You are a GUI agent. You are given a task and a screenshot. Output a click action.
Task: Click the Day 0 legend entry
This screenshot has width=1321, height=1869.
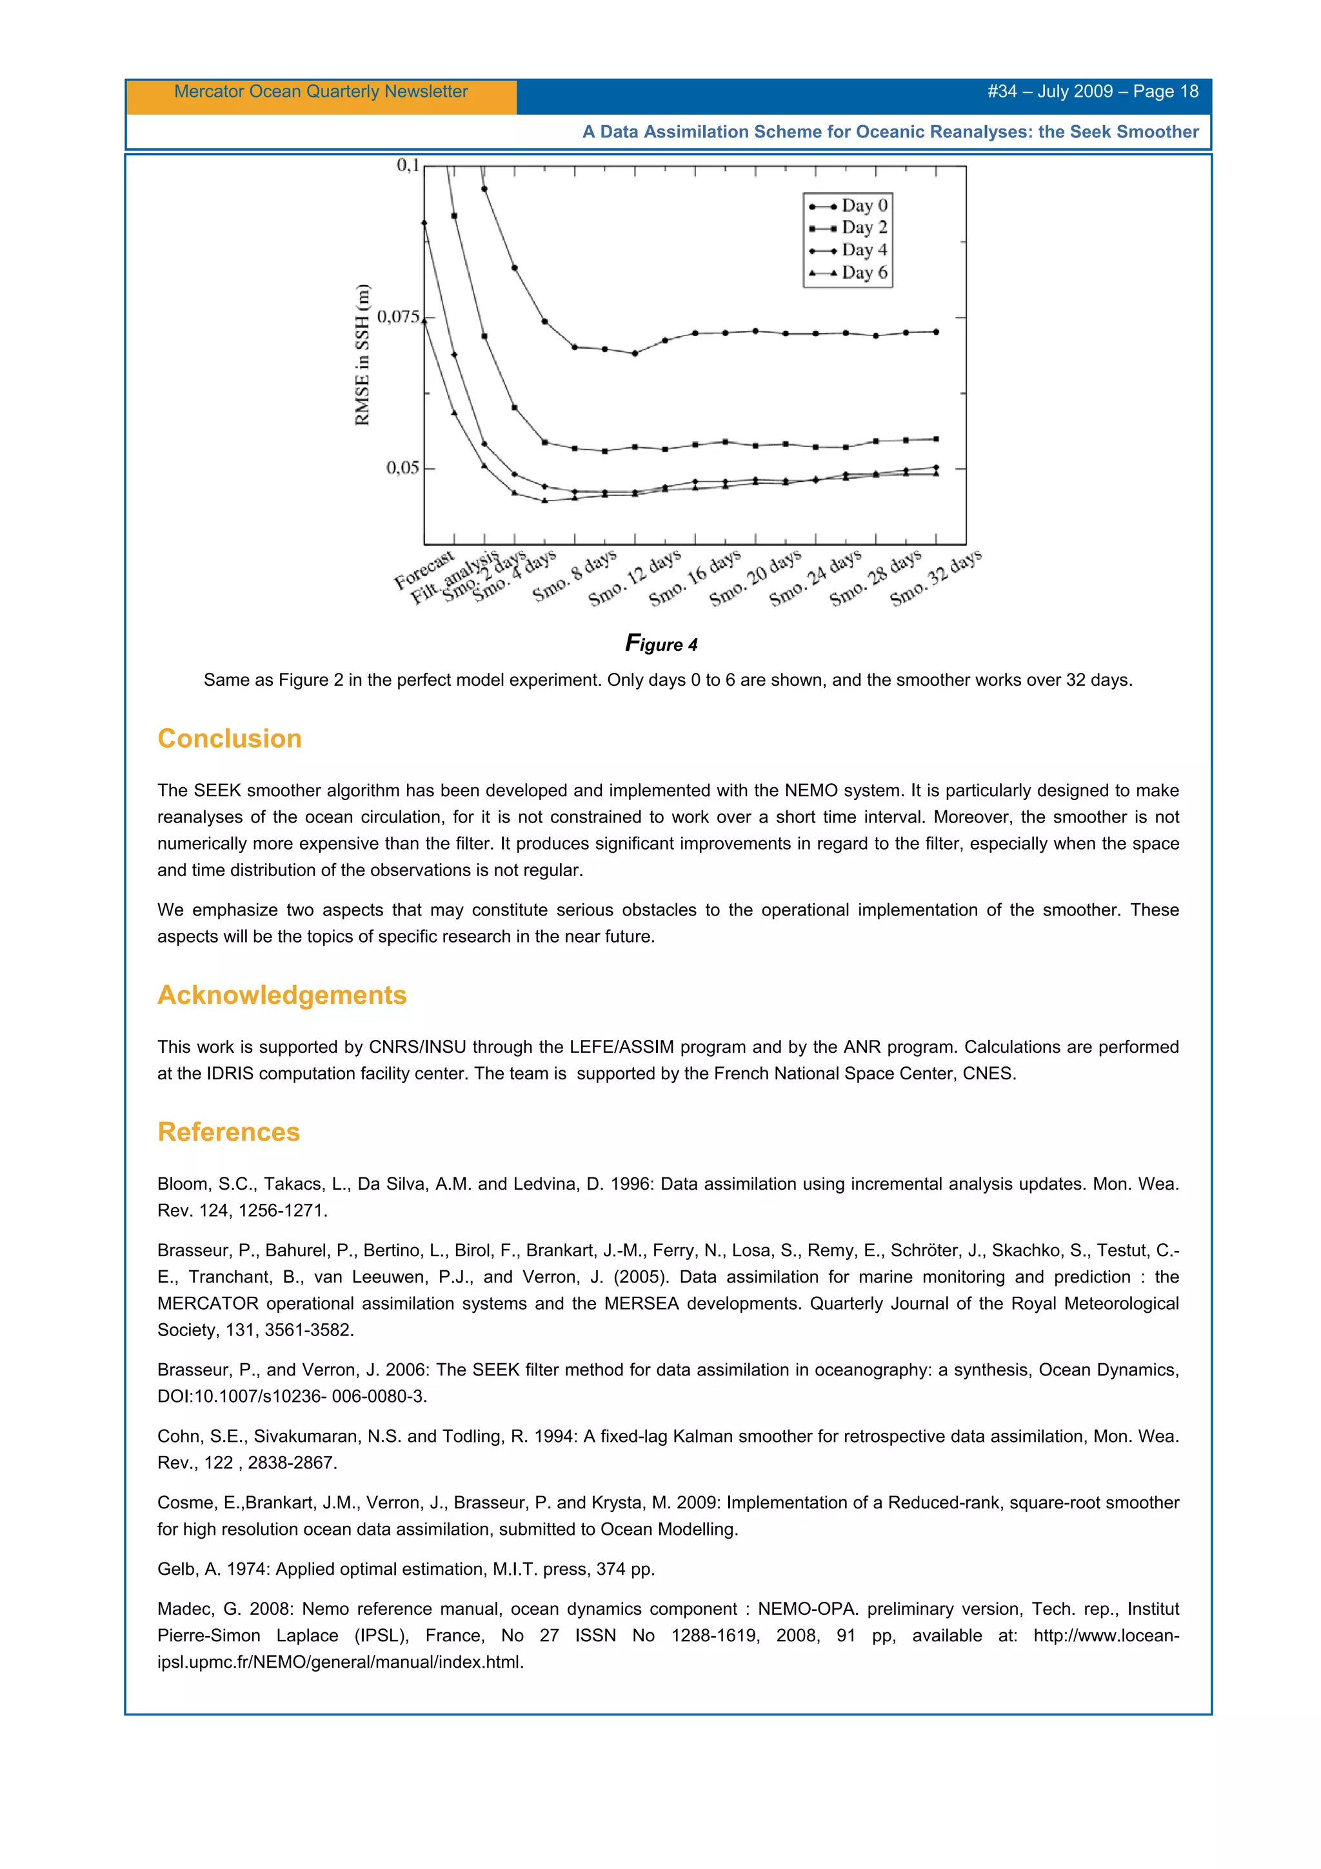(848, 205)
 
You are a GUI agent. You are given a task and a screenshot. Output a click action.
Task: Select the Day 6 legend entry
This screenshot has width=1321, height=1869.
(848, 273)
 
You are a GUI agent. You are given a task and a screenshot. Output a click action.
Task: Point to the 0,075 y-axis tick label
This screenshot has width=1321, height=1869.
(398, 317)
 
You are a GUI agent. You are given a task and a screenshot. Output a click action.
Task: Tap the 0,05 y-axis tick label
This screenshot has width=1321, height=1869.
(402, 468)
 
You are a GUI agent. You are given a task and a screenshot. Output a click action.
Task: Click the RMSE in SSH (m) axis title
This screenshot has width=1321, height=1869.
(363, 355)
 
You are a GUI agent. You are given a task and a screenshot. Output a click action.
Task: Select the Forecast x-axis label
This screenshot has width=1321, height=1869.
(424, 570)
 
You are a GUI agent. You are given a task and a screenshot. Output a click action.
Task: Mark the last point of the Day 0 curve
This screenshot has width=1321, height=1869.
(936, 332)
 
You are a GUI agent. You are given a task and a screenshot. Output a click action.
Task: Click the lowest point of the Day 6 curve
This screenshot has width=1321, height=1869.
(544, 501)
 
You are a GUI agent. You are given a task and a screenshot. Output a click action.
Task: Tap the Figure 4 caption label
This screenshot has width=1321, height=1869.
(661, 644)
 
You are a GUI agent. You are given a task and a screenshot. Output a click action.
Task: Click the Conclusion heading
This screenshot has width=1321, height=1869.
(230, 738)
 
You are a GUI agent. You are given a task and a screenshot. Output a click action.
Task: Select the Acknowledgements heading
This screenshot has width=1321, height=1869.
(282, 995)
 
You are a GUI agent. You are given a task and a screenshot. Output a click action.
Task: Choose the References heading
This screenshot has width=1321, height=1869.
(229, 1132)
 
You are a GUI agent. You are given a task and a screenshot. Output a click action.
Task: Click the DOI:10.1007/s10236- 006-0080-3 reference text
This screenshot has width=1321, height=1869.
(292, 1396)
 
